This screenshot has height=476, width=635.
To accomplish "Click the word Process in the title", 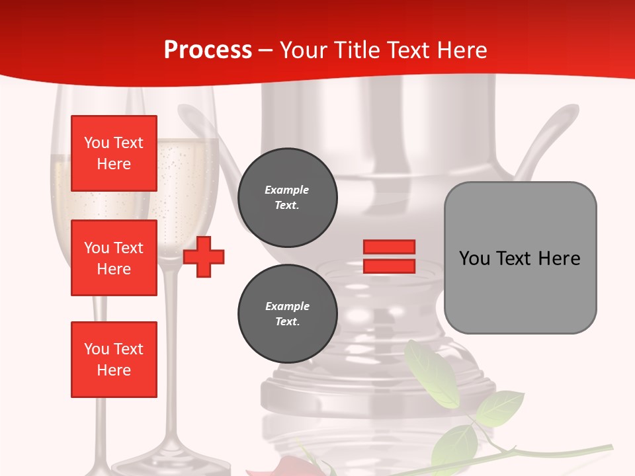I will (x=208, y=50).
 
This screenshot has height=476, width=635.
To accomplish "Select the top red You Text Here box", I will (x=114, y=153).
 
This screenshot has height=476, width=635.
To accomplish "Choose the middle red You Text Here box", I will (x=114, y=258).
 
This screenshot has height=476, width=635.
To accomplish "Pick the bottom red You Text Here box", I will (x=114, y=360).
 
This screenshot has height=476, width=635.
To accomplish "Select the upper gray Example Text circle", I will (x=287, y=198).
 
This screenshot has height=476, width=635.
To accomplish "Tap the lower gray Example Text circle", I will (x=287, y=314).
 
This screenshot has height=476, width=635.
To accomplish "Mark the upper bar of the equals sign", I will (x=389, y=247).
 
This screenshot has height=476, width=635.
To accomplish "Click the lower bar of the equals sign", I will (x=389, y=266).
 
